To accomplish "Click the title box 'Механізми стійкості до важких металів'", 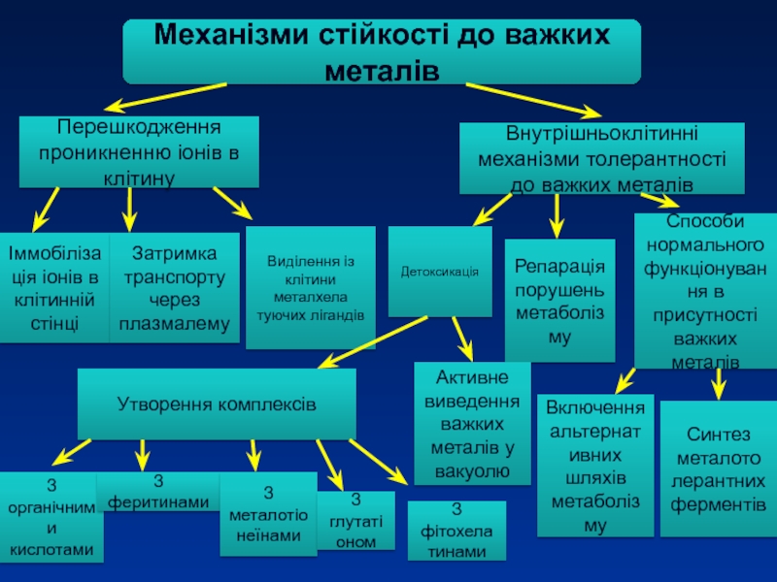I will point(382,51).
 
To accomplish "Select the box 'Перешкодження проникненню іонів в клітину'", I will point(139,152).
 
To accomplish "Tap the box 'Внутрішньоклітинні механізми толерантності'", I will point(601,158).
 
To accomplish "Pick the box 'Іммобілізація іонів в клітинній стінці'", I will point(53,288).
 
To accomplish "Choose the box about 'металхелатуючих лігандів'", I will point(310,288).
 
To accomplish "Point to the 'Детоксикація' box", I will point(440,272).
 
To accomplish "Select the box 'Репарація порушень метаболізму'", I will point(559,301).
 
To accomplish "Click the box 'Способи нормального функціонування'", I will point(705,291).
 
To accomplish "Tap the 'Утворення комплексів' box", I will point(216,403).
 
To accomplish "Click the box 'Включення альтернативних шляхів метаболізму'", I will point(595,466).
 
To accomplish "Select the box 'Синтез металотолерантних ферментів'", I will point(719,469).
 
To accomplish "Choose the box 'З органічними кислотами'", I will point(51,517).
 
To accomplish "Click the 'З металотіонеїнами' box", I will point(268,514).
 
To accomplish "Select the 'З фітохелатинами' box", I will point(456,531).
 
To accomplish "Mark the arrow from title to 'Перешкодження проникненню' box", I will point(170,94).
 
